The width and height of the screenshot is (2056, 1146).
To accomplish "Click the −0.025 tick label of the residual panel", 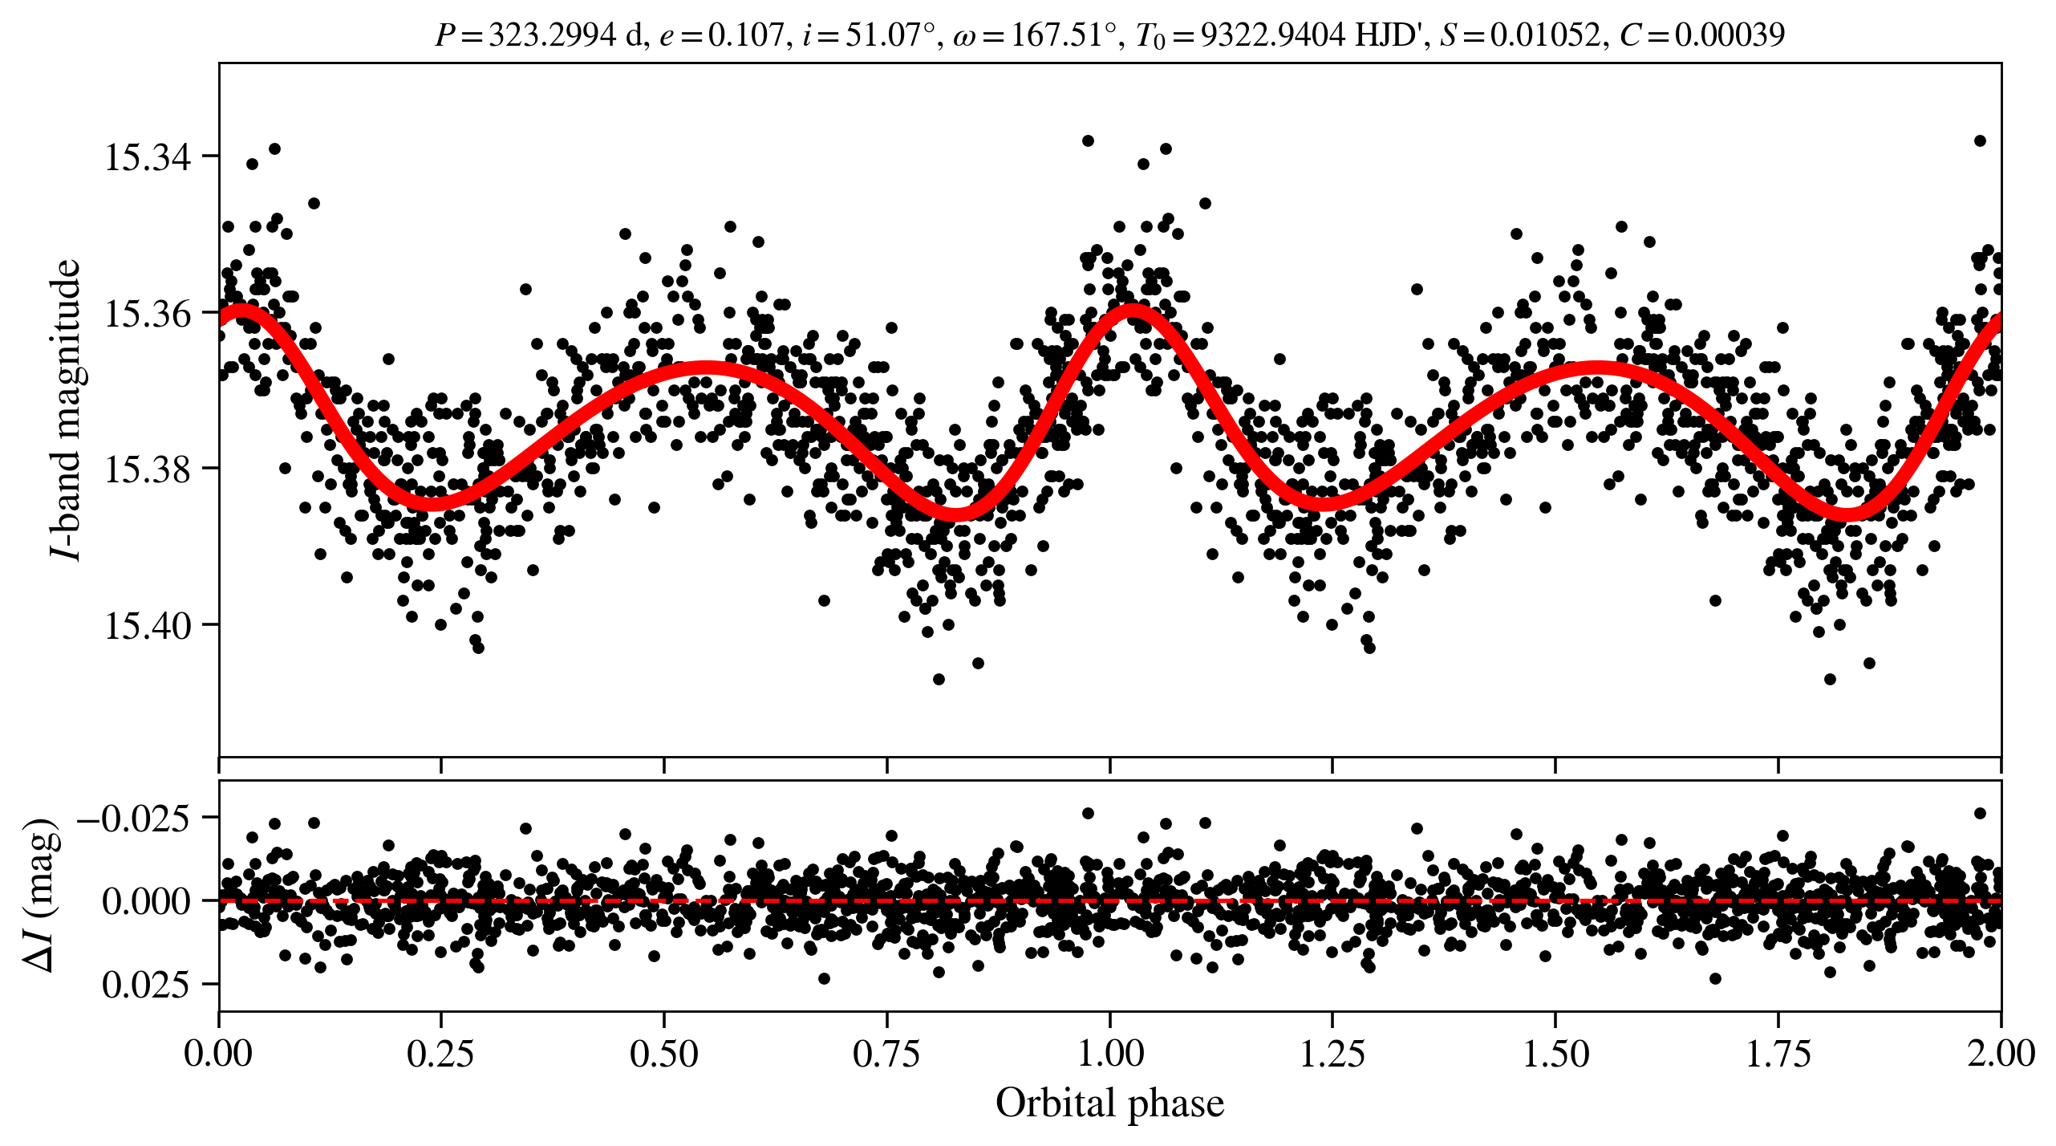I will pyautogui.click(x=133, y=819).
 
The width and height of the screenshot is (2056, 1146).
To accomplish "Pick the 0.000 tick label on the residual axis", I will pyautogui.click(x=146, y=901).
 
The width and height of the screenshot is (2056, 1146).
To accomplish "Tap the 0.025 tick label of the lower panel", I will pyautogui.click(x=146, y=985).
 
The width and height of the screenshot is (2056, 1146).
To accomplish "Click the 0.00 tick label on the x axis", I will pyautogui.click(x=218, y=1053).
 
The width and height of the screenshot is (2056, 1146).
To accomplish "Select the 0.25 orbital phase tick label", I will pyautogui.click(x=440, y=1053).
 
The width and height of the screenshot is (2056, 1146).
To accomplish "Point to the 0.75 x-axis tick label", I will pyautogui.click(x=886, y=1053).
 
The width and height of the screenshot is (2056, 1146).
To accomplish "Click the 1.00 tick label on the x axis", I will pyautogui.click(x=1110, y=1053).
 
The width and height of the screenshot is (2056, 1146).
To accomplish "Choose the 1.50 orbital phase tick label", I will pyautogui.click(x=1555, y=1053).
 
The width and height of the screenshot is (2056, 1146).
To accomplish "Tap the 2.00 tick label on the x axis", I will pyautogui.click(x=2001, y=1053).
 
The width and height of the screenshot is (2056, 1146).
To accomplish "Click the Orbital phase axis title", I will pyautogui.click(x=1109, y=1103).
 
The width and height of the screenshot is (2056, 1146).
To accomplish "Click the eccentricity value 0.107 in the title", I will pyautogui.click(x=745, y=35).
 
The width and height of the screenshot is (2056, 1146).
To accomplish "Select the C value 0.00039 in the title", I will pyautogui.click(x=1730, y=35).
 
